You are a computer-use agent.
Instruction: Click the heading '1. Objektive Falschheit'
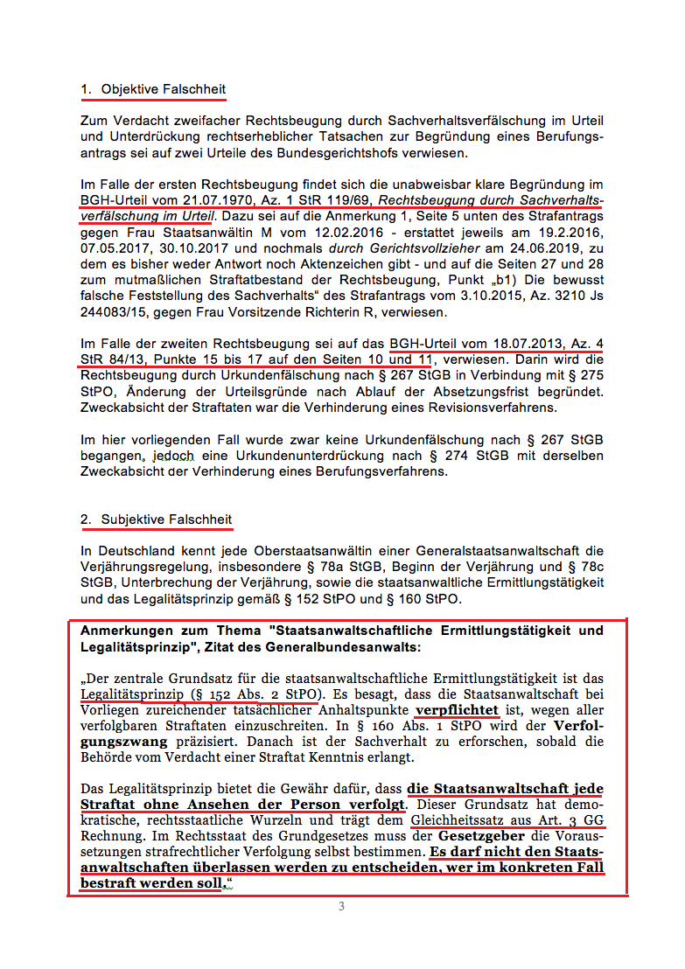tap(153, 89)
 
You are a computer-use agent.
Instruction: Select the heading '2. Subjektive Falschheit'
tap(157, 519)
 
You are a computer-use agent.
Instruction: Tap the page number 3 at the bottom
tap(341, 907)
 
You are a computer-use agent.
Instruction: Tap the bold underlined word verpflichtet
tap(457, 710)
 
